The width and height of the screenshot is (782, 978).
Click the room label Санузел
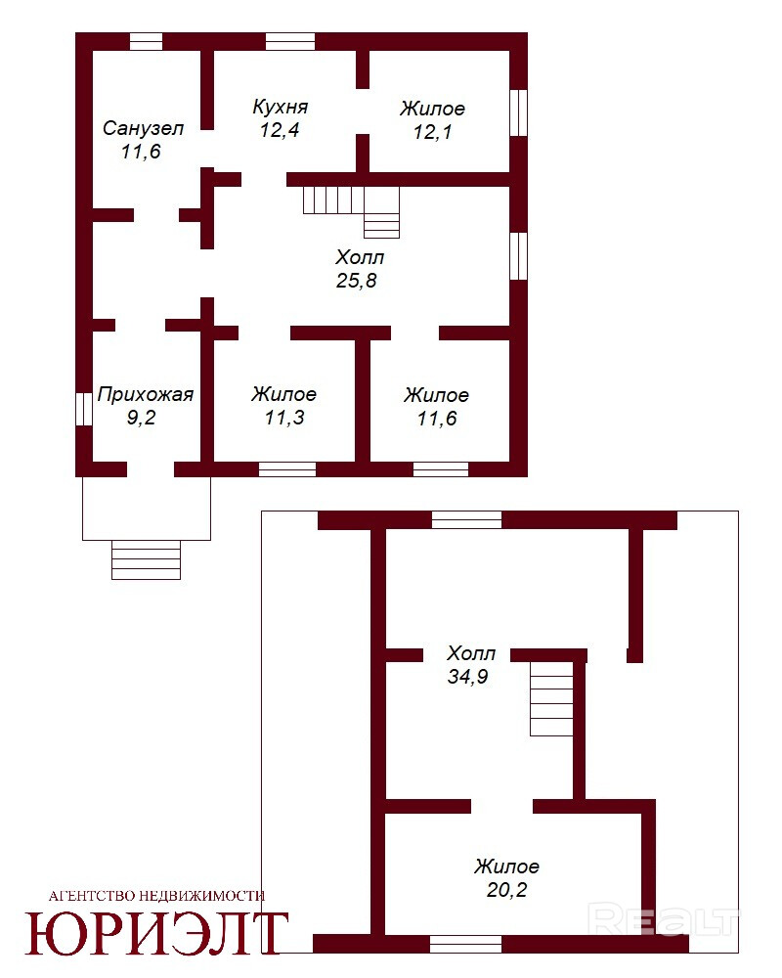pos(143,128)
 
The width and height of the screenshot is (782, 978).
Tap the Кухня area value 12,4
pos(280,130)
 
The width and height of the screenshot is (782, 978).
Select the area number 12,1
pos(432,132)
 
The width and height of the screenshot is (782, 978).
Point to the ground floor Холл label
pos(360,257)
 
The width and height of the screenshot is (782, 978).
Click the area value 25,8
pos(357,280)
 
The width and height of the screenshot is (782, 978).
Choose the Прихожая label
pos(146,394)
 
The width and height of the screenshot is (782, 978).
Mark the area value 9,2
pos(141,418)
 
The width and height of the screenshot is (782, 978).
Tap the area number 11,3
pos(284,417)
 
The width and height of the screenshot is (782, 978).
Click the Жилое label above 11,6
pos(436,395)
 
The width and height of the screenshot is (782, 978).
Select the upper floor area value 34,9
pos(467,676)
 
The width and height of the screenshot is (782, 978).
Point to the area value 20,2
pos(506,889)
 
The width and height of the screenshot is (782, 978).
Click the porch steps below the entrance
pos(146,560)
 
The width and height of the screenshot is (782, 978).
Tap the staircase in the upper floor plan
pos(551,698)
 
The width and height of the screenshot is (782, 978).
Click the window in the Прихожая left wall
pos(84,409)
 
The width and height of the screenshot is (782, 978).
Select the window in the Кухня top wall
pos(290,41)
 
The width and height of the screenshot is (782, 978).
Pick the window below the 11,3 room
pos(286,469)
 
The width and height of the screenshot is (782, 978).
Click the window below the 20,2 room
pos(466,944)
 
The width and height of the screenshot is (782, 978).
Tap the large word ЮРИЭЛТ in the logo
pos(156,933)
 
